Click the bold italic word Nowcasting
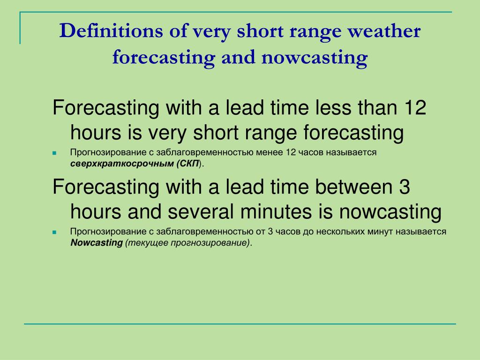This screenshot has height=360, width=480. point(96,243)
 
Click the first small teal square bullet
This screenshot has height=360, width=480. point(54,153)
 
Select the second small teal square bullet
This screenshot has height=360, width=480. point(54,232)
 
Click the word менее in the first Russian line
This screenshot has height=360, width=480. point(270,153)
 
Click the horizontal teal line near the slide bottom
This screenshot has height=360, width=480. point(240,323)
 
